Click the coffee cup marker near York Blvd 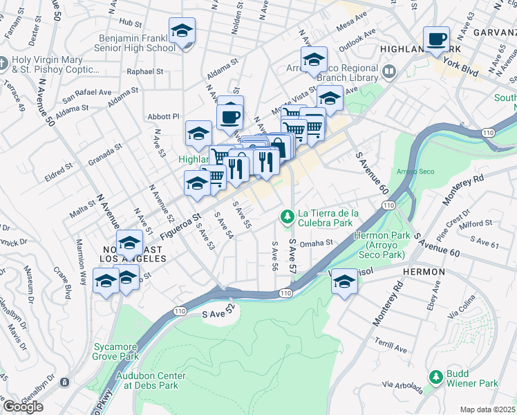[436, 39]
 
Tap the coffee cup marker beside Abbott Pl [230, 116]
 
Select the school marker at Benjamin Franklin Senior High [182, 31]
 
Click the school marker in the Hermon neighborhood [344, 281]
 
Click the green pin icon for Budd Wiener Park [435, 377]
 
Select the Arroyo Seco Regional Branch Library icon [388, 71]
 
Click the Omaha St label [317, 243]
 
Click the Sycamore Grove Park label [115, 351]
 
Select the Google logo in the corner [23, 406]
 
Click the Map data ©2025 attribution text [487, 409]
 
